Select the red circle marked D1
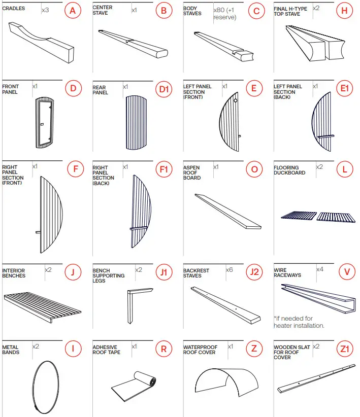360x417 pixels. pyautogui.click(x=163, y=90)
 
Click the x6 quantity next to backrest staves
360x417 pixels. pyautogui.click(x=229, y=269)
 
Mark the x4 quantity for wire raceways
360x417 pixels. pyautogui.click(x=319, y=269)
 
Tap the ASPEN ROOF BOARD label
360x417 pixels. pyautogui.click(x=192, y=172)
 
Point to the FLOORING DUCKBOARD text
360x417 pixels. pyautogui.click(x=289, y=170)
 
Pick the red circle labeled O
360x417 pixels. pyautogui.click(x=254, y=168)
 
